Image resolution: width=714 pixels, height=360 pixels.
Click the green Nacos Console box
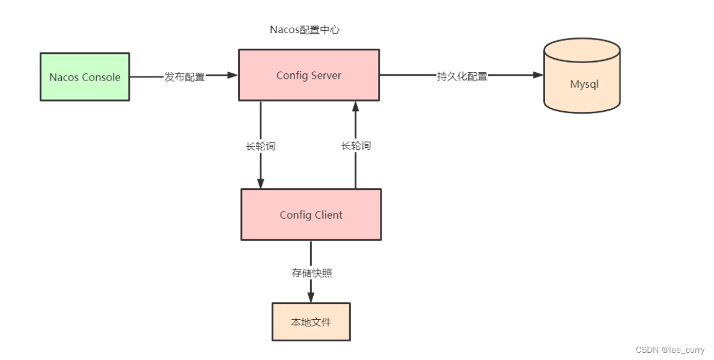tap(84, 77)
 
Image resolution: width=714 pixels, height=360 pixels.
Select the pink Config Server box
tap(308, 75)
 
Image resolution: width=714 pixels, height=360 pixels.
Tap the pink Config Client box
tap(311, 215)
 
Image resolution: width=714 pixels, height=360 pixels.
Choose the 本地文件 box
tap(311, 322)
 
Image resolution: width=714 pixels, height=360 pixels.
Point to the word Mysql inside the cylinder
tap(584, 84)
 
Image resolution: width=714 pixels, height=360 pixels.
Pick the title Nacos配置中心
tap(304, 29)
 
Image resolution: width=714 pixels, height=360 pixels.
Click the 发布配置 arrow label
tap(185, 77)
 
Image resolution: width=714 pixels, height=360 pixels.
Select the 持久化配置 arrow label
tap(462, 76)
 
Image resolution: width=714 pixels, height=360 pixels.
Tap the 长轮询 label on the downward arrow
tap(261, 146)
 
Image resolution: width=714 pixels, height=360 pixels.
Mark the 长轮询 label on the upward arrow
tap(356, 145)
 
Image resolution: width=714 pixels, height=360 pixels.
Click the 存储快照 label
tap(311, 273)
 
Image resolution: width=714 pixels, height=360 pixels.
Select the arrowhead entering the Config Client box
tap(261, 183)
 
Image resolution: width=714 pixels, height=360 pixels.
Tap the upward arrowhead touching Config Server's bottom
tap(356, 106)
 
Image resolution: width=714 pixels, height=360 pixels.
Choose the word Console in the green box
tap(101, 77)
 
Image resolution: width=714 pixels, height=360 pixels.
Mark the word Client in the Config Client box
tap(328, 215)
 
